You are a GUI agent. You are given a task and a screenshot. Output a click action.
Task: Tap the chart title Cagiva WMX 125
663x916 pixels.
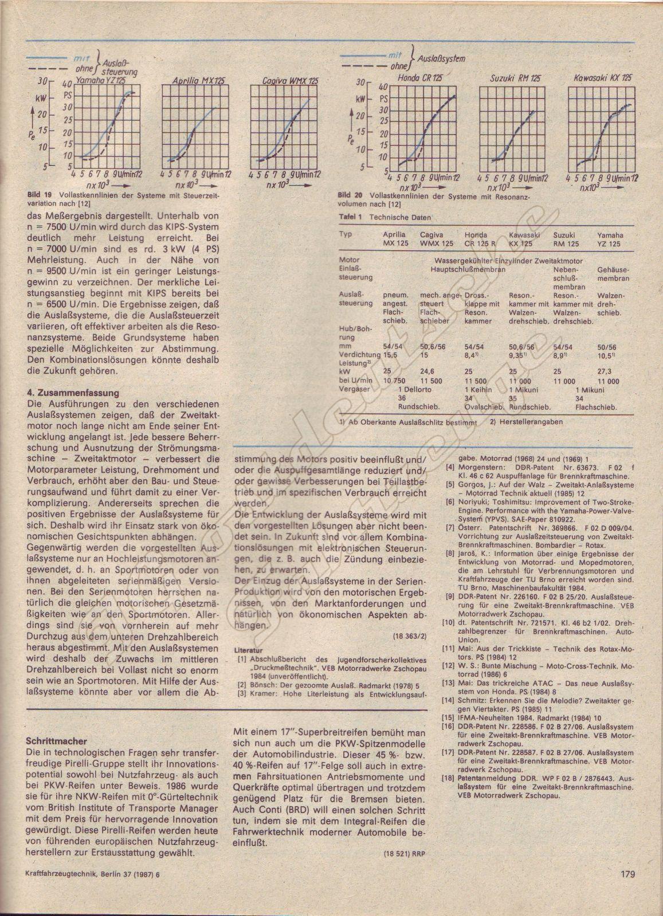tap(282, 81)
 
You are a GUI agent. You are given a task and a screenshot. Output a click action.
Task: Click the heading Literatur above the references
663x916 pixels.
tap(250, 650)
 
